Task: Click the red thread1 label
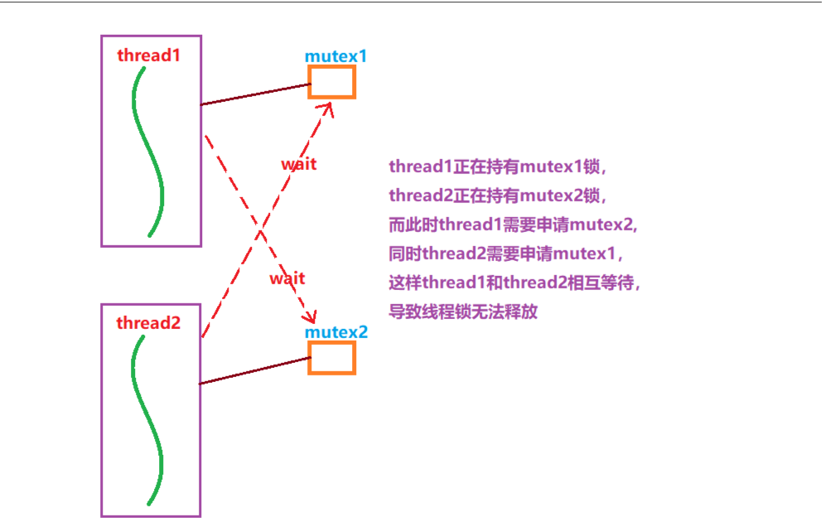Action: (148, 56)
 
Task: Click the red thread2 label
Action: (148, 323)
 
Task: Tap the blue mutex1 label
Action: (336, 56)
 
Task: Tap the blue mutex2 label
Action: (336, 332)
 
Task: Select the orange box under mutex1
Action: (331, 82)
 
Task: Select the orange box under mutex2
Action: (331, 357)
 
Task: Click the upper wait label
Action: (298, 164)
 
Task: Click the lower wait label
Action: (287, 278)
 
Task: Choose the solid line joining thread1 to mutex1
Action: (255, 94)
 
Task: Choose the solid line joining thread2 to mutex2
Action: (254, 370)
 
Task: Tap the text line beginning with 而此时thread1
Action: (513, 225)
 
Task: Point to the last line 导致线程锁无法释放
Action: (463, 312)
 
